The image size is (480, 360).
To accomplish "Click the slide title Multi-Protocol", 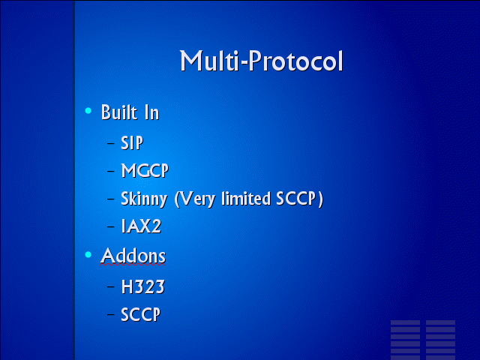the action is tap(261, 61).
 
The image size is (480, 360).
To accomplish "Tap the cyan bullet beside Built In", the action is tap(88, 111).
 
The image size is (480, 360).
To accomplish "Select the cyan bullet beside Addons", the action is tap(88, 254).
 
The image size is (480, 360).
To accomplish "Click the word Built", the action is tap(119, 112).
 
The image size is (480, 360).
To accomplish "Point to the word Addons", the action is tap(133, 256).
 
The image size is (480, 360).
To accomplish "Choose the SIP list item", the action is tap(132, 142).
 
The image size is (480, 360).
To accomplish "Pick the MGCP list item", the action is tap(145, 170).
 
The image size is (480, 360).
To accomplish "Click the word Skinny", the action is tap(144, 199).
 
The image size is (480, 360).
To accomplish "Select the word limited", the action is tap(246, 198).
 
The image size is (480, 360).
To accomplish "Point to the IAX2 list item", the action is tap(141, 226).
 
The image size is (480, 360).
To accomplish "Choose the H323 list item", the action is tap(143, 286).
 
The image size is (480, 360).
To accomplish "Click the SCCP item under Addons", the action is tap(140, 314).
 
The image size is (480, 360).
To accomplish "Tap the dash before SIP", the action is tap(111, 143).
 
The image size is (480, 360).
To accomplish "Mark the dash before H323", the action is tap(111, 286).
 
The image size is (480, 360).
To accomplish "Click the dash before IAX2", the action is tap(111, 226).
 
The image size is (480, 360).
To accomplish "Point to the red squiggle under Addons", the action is tap(133, 264).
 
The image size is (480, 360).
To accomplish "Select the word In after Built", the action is tap(151, 112).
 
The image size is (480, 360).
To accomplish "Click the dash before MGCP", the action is tap(111, 170).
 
